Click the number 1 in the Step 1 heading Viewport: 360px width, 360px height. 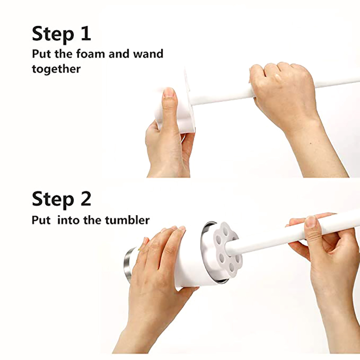tap(85, 33)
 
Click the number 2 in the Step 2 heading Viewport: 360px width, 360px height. tap(85, 198)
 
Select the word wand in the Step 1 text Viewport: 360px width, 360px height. tap(148, 54)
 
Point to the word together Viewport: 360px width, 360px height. tap(56, 69)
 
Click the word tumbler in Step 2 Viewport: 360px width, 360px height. tap(127, 220)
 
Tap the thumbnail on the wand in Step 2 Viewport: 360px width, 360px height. tap(311, 221)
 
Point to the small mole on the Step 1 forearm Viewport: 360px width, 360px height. tap(311, 143)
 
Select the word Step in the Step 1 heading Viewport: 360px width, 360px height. tap(53, 34)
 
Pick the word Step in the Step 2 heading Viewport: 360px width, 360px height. tap(53, 199)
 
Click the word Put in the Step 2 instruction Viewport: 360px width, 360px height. tap(41, 220)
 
